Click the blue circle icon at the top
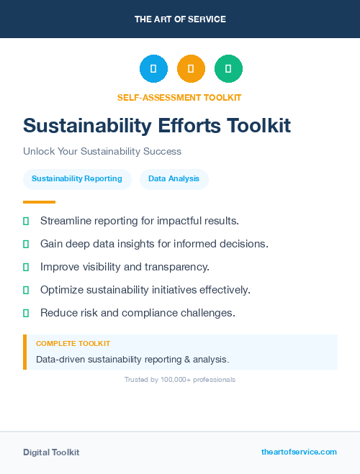[x=153, y=68]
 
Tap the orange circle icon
[x=191, y=68]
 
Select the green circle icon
[x=228, y=68]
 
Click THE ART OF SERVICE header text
[x=180, y=19]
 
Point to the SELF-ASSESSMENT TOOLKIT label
[x=179, y=97]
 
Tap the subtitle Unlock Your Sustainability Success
[x=102, y=151]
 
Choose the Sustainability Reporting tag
[x=77, y=178]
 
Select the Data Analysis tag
[x=174, y=178]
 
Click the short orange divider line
[x=39, y=202]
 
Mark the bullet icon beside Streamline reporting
[x=26, y=220]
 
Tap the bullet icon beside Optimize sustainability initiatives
[x=26, y=290]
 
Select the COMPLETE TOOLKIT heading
[x=73, y=344]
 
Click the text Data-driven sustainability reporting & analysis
[x=132, y=358]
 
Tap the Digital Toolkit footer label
[x=51, y=452]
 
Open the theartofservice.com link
[x=299, y=452]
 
